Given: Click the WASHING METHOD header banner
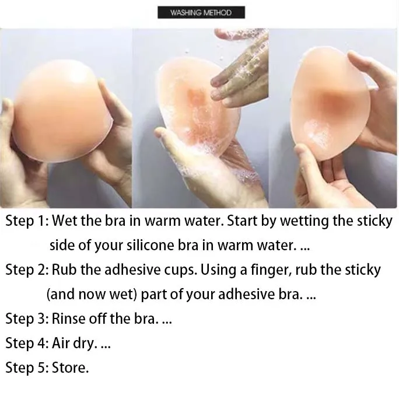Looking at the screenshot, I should (201, 12).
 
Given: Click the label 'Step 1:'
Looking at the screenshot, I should (27, 222).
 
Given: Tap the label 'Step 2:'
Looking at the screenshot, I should (27, 270).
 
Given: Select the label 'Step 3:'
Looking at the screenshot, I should (27, 318).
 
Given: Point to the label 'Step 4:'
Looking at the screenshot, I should (27, 343).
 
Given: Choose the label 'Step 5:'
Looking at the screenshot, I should (27, 367).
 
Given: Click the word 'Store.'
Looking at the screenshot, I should (71, 367).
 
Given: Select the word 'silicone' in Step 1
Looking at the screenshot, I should (149, 246).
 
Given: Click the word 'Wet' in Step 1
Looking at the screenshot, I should (65, 222).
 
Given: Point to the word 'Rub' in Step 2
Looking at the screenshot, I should (64, 270).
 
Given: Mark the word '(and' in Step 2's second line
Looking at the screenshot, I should (60, 295).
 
